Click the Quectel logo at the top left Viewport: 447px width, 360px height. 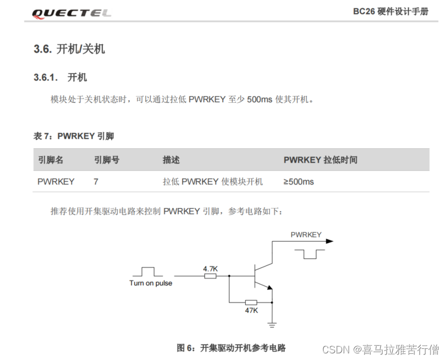tap(72, 13)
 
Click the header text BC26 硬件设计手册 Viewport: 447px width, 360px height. tap(390, 12)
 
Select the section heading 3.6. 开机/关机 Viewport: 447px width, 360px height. tap(69, 49)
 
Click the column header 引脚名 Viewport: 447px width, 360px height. tap(50, 160)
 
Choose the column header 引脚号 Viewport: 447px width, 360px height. tap(107, 160)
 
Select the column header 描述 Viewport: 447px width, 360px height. tap(171, 160)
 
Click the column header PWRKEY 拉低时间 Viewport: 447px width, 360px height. tap(320, 160)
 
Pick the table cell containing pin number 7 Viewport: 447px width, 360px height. tap(96, 181)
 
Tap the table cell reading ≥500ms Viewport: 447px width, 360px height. tap(298, 181)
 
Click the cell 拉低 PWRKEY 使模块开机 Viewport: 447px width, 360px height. tap(213, 181)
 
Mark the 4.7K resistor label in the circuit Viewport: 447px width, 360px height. tap(211, 269)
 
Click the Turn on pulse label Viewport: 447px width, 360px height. tap(150, 283)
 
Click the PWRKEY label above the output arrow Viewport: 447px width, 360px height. tap(306, 234)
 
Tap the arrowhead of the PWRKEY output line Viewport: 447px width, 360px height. tap(330, 241)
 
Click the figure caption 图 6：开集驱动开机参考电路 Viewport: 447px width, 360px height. tap(231, 348)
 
